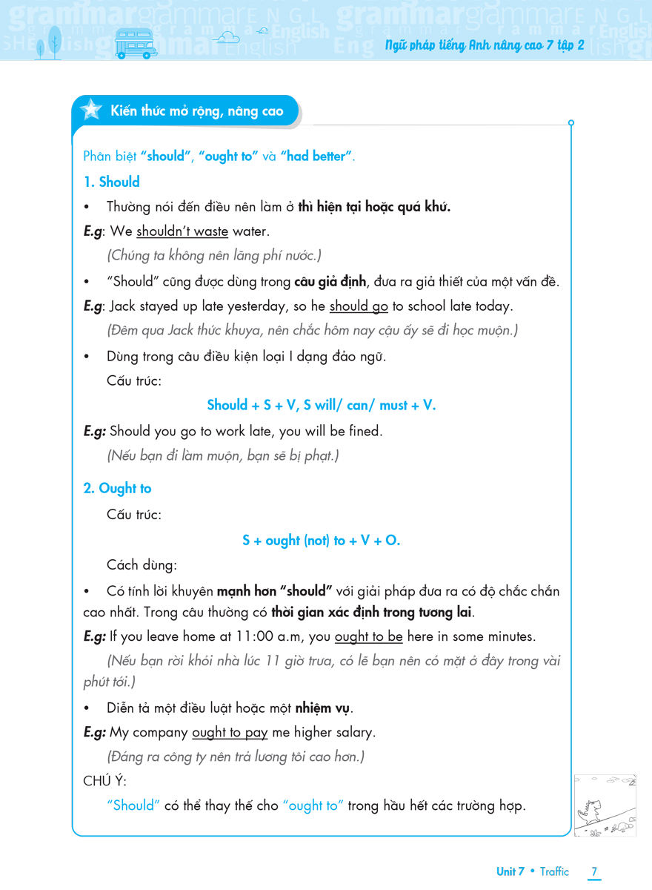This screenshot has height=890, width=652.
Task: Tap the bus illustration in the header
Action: [136, 44]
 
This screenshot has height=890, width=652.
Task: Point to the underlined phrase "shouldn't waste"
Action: [182, 231]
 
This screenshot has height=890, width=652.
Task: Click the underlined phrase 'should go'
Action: [359, 306]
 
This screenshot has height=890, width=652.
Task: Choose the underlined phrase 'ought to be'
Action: [368, 636]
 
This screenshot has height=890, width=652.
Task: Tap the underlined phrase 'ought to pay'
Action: [230, 732]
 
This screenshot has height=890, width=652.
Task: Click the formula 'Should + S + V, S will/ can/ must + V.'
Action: [322, 405]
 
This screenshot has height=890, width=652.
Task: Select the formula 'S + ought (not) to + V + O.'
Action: [322, 541]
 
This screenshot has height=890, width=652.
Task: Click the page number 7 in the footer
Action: [594, 871]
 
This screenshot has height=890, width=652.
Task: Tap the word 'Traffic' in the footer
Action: [554, 871]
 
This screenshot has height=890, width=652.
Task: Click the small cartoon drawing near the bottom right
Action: [605, 805]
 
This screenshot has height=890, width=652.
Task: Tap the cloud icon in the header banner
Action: [226, 36]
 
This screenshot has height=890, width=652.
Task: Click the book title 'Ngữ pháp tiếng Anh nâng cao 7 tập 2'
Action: [485, 45]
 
